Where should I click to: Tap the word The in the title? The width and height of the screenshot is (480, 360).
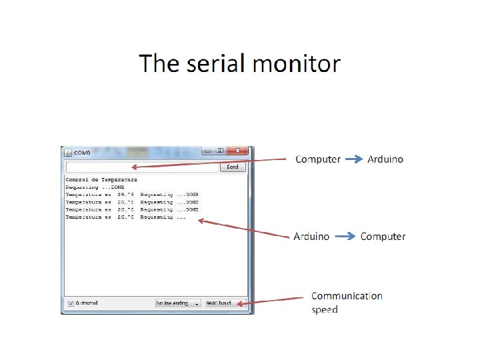tap(158, 64)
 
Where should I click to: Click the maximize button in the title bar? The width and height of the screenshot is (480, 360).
tap(221, 151)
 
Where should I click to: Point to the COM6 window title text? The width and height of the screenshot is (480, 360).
tap(82, 153)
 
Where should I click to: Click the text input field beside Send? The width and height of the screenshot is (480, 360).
tap(142, 167)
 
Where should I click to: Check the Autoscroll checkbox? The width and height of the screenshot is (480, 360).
tap(71, 303)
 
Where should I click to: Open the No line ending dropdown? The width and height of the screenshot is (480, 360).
tap(178, 303)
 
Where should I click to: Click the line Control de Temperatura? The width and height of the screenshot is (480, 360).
tap(101, 180)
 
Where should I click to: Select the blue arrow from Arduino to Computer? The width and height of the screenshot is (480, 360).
tap(345, 236)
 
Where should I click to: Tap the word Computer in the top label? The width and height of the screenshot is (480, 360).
tap(318, 159)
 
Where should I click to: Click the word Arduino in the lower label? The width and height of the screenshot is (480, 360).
tap(311, 237)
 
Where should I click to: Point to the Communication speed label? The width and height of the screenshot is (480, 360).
tap(347, 302)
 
